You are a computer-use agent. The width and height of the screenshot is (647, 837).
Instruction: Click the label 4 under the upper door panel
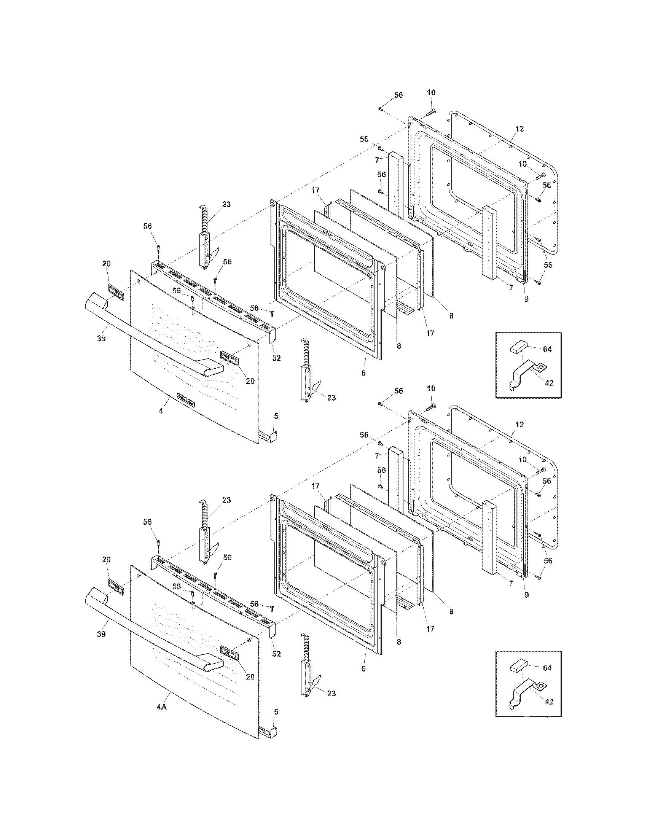(x=161, y=411)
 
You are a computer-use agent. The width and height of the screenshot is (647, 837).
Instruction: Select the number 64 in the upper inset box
(x=547, y=349)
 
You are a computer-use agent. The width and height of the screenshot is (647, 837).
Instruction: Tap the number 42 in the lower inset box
(x=549, y=702)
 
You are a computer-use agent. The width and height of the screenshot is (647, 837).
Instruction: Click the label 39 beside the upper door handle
(x=101, y=338)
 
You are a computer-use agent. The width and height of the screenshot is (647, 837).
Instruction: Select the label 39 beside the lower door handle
(x=101, y=634)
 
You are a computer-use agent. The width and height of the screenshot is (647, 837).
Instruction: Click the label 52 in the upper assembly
(x=276, y=358)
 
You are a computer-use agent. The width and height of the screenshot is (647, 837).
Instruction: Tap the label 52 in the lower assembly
(x=276, y=654)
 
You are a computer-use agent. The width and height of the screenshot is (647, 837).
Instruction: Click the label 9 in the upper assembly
(x=526, y=299)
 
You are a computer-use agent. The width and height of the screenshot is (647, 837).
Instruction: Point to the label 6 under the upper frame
(x=363, y=372)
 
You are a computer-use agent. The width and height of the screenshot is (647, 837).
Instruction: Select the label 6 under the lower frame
(x=363, y=669)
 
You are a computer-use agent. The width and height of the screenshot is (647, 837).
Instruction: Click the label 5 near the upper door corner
(x=276, y=416)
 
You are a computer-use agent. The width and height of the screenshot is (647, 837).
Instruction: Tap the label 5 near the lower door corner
(x=276, y=712)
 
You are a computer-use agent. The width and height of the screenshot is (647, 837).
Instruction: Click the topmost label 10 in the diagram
(x=431, y=92)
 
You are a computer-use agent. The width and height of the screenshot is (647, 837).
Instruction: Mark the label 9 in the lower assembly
(x=526, y=595)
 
